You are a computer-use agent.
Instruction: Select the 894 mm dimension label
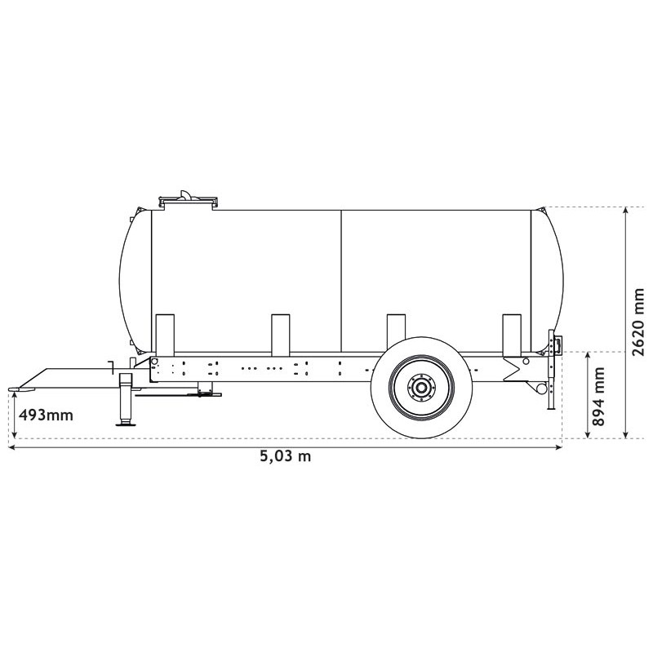(x=599, y=397)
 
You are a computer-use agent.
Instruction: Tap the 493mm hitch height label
(x=46, y=415)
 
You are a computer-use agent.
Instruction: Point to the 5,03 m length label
(x=285, y=456)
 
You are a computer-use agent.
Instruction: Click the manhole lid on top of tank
(x=189, y=198)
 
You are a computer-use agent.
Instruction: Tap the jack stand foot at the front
(x=127, y=422)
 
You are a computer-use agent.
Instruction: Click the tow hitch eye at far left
(x=17, y=386)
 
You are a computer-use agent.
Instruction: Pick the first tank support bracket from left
(x=165, y=334)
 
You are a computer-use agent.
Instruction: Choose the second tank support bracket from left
(x=281, y=334)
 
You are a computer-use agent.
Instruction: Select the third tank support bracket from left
(x=397, y=334)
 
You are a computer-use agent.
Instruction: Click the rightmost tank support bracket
(x=512, y=334)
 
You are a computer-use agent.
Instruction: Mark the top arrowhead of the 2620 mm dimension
(x=625, y=211)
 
